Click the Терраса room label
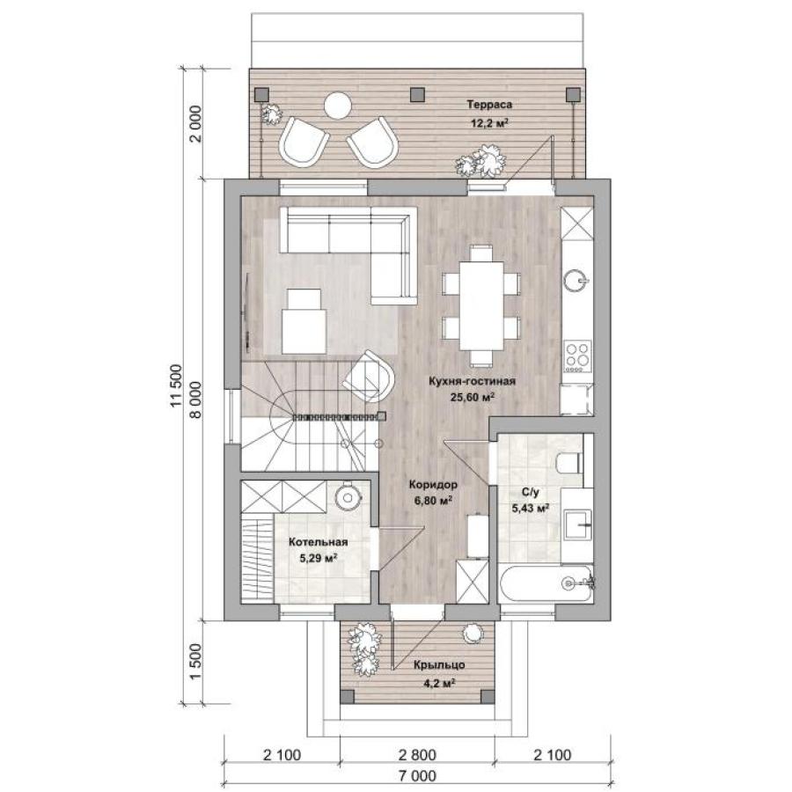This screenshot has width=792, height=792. (489, 105)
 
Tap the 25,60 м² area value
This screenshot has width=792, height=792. (472, 397)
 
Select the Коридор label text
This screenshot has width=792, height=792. (433, 485)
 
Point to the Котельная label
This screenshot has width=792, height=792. (319, 542)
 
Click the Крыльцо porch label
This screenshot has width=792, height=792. (439, 665)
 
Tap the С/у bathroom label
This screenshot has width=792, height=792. (531, 492)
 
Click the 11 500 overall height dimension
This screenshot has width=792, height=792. (175, 385)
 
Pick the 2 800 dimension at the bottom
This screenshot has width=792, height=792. (417, 755)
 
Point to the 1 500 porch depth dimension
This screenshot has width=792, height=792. (195, 662)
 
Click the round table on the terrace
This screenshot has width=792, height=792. (337, 106)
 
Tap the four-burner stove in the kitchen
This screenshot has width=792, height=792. (578, 356)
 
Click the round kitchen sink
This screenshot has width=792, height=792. (576, 279)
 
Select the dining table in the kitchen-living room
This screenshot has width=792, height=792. (481, 305)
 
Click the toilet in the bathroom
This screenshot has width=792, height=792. (569, 462)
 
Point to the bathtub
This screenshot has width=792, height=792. (546, 583)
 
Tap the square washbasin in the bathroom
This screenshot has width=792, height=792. (576, 525)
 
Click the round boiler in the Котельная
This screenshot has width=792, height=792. (348, 497)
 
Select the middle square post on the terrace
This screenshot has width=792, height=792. (417, 94)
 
